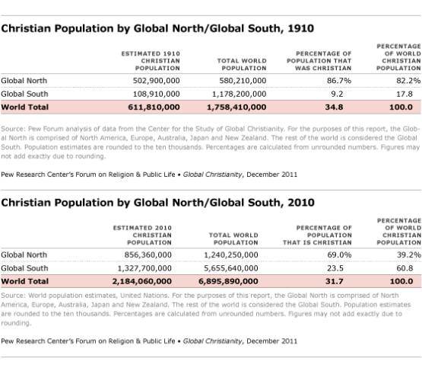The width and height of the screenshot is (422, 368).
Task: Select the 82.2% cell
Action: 408,80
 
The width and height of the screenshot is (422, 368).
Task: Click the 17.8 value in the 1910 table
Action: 411,94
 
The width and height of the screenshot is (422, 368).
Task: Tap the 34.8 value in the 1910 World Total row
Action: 334,107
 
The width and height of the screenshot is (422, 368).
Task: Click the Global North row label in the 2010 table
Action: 24,254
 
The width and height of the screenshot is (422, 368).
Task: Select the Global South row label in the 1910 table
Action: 24,94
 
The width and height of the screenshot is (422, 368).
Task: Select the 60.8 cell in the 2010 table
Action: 411,268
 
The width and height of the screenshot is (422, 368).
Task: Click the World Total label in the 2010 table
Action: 24,282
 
